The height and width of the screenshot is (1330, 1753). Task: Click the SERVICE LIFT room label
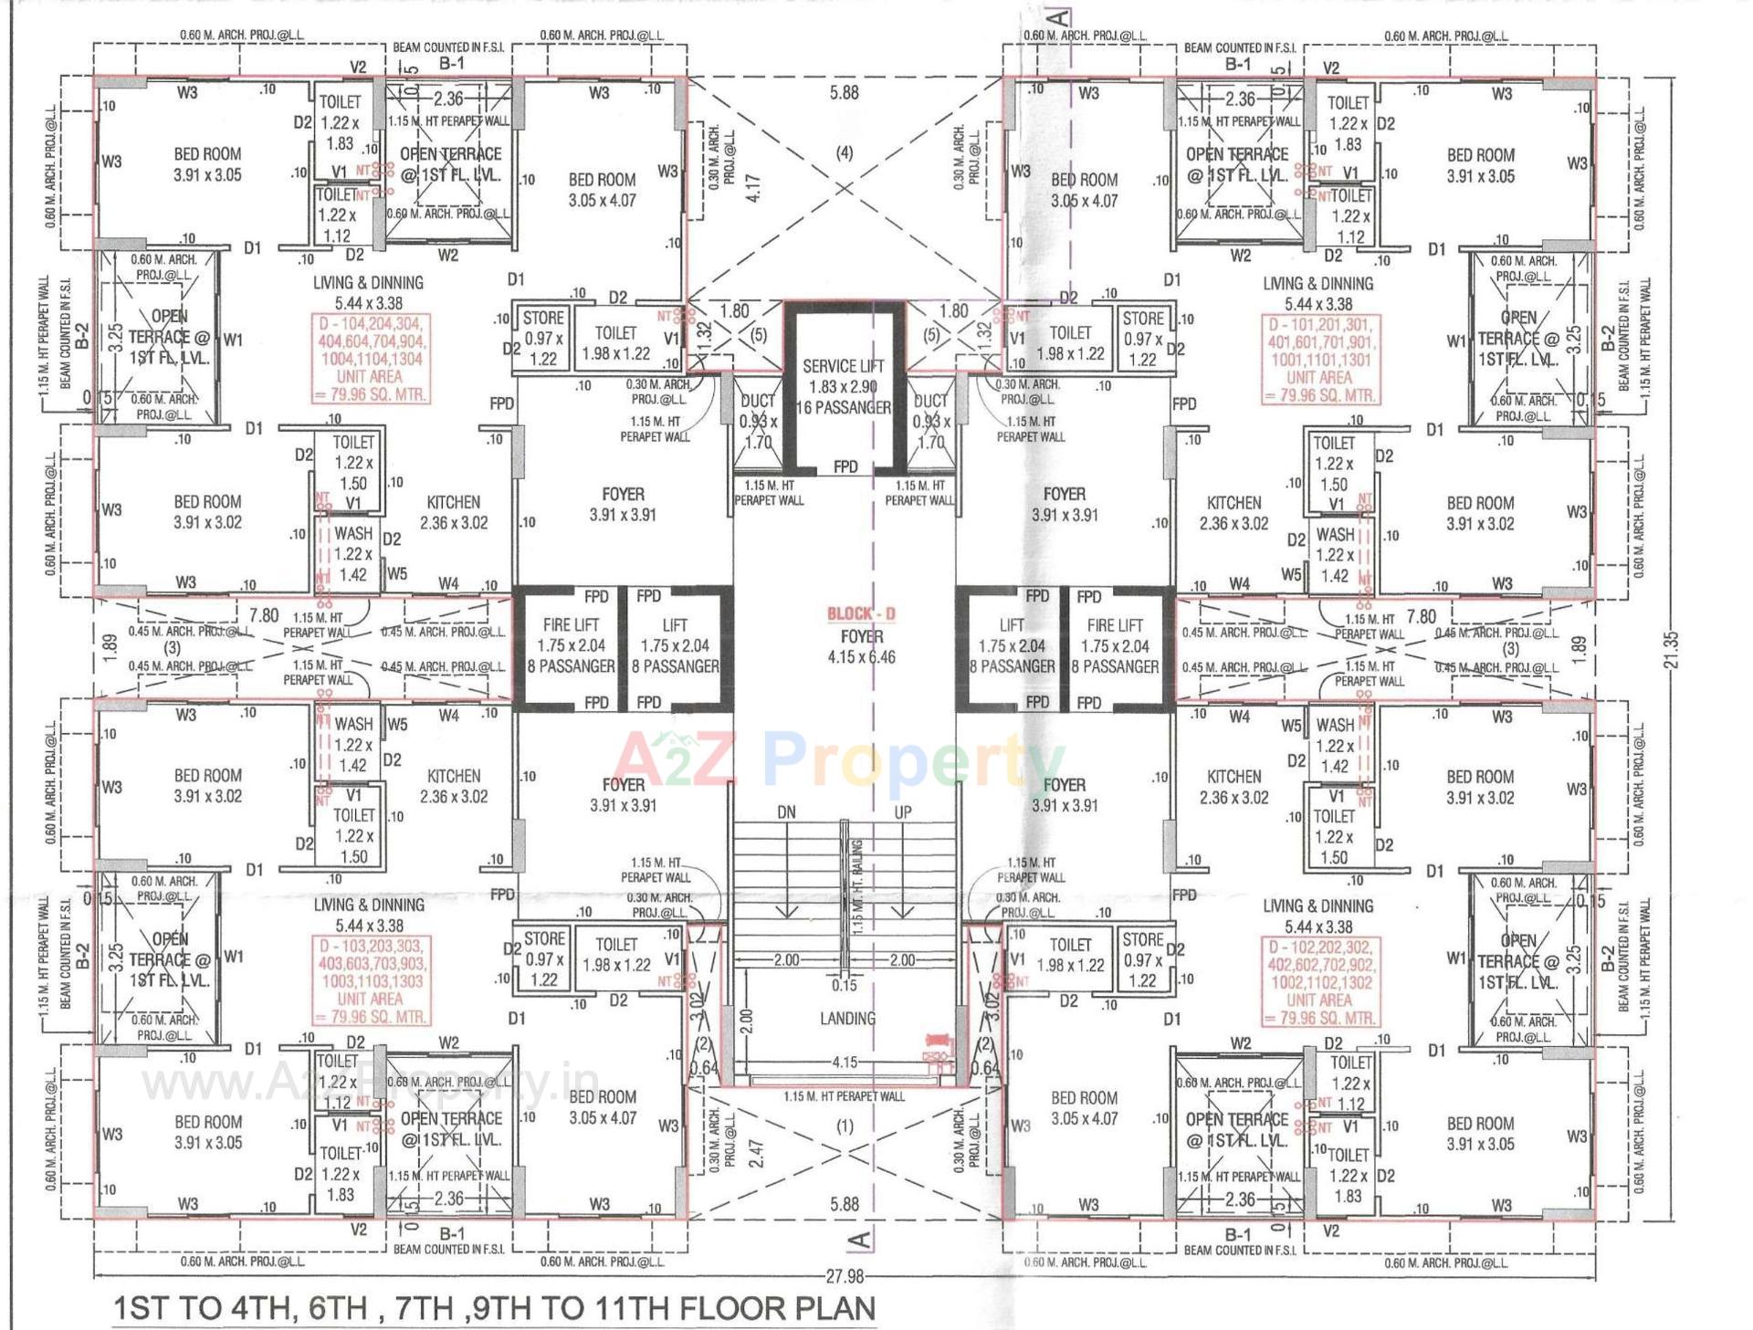[x=844, y=365]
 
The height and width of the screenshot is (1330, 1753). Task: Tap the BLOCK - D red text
[x=861, y=613]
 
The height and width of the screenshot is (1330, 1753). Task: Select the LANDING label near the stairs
[x=847, y=1018]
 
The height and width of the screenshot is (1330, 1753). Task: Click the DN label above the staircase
[x=786, y=812]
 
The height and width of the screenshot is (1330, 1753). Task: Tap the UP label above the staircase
[x=902, y=812]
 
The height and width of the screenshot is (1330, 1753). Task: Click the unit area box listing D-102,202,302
[x=1319, y=982]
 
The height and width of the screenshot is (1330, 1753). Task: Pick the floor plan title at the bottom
[x=494, y=1308]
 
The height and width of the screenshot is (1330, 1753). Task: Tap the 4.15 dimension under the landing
[x=845, y=1063]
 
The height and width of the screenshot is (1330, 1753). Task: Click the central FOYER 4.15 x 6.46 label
[x=861, y=646]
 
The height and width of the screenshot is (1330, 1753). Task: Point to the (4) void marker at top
[x=845, y=152]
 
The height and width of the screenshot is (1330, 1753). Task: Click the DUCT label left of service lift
[x=757, y=401]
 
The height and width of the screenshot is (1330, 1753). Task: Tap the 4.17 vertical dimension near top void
[x=754, y=189]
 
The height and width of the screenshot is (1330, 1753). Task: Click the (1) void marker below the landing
[x=845, y=1126]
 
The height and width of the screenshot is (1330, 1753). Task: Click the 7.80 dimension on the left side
[x=264, y=616]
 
